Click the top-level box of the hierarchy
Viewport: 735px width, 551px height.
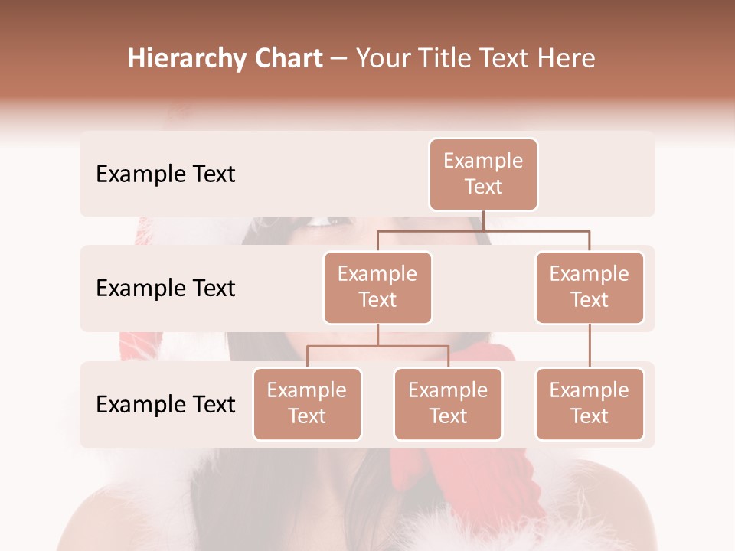pyautogui.click(x=483, y=174)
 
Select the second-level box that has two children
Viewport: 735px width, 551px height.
pyautogui.click(x=377, y=288)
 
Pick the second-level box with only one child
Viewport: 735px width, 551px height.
pyautogui.click(x=590, y=288)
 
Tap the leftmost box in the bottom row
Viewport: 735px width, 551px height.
pyautogui.click(x=307, y=404)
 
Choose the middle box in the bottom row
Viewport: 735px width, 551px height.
pyautogui.click(x=448, y=404)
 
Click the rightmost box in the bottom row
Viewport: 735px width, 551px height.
pyautogui.click(x=590, y=404)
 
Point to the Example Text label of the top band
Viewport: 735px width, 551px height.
pyautogui.click(x=165, y=174)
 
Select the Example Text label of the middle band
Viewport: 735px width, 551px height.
pyautogui.click(x=165, y=289)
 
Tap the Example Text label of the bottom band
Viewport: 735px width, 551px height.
pyautogui.click(x=165, y=404)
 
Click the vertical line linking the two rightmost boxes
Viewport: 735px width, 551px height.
pyautogui.click(x=590, y=345)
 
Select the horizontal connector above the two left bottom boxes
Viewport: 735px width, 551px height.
pyautogui.click(x=377, y=346)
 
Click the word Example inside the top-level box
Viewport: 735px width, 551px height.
pyautogui.click(x=483, y=161)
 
